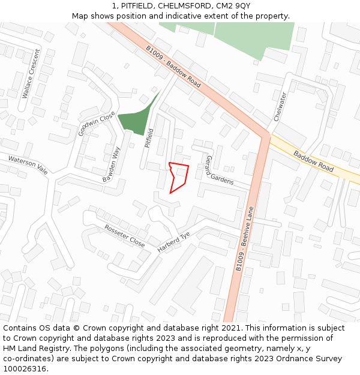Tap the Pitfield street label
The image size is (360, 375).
coord(150,138)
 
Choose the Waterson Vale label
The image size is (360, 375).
coord(28,164)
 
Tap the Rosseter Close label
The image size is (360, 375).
coord(124,236)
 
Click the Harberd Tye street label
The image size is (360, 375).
coord(173,241)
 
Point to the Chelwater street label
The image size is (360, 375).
coord(280,107)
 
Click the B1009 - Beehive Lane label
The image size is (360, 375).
coord(245,239)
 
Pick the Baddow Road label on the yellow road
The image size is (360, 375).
coord(313,161)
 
